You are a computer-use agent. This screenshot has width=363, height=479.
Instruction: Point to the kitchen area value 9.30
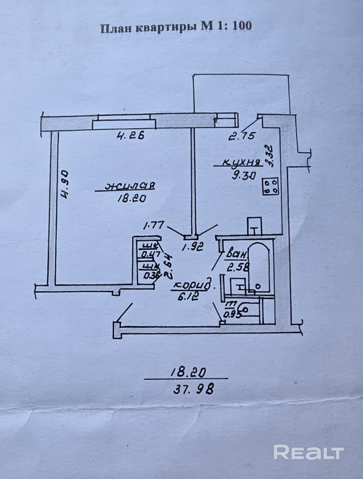point(243,175)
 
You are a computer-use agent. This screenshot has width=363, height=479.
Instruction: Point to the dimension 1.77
point(153,226)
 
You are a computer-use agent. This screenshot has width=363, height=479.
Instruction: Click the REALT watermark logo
point(309,452)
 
